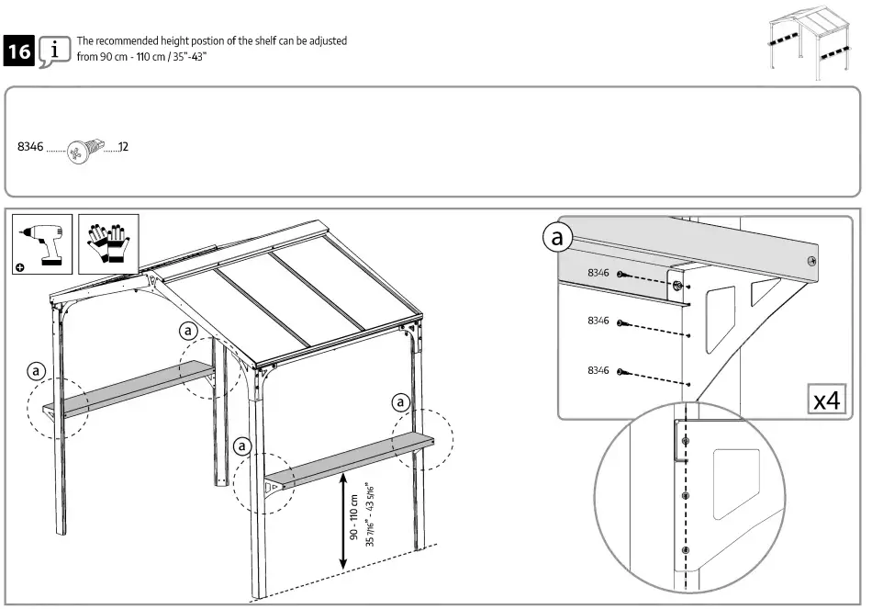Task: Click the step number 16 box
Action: [x=18, y=51]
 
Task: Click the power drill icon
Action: [x=42, y=243]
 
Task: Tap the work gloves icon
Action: [x=108, y=243]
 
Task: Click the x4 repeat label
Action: [x=828, y=400]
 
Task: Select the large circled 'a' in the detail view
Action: [x=556, y=239]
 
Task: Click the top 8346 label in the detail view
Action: [x=598, y=273]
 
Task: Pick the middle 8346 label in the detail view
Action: [x=598, y=321]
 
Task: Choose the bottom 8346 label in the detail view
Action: [x=598, y=370]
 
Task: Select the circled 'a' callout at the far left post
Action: [x=36, y=371]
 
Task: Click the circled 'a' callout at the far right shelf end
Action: [x=400, y=401]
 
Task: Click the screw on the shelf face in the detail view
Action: [x=810, y=262]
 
